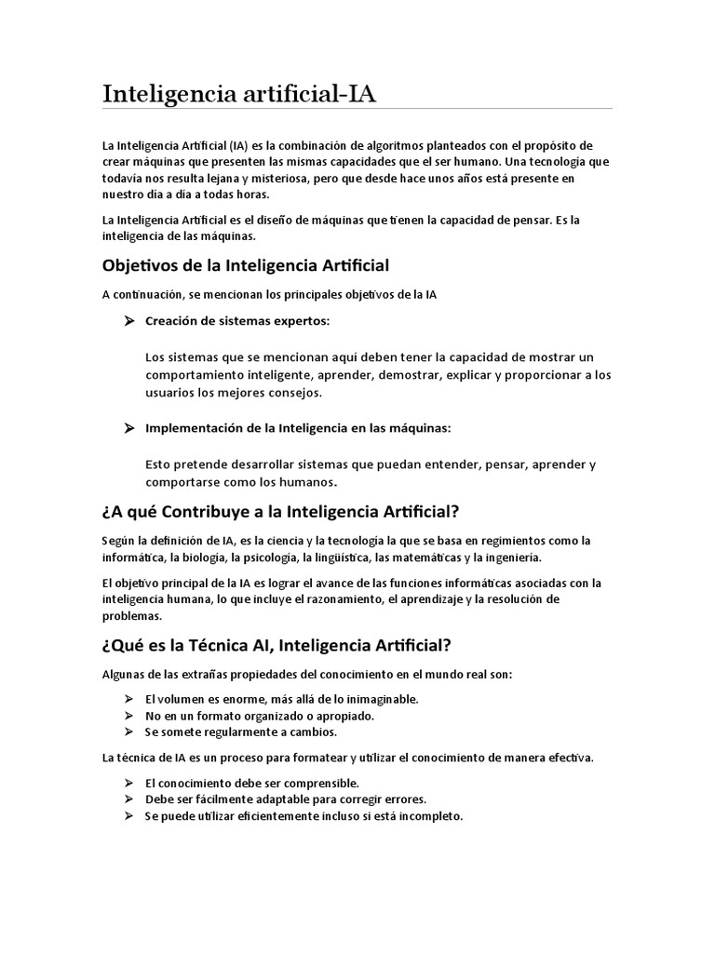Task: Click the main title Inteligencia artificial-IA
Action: click(x=241, y=94)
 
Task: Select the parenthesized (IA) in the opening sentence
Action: click(x=241, y=145)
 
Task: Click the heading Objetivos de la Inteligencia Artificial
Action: click(x=244, y=266)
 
